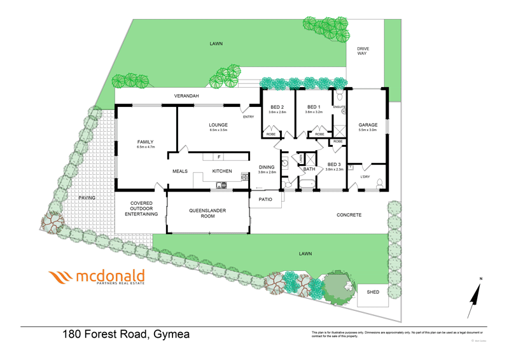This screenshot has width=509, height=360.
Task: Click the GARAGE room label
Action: click(368, 125)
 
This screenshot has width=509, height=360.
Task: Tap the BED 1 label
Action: click(313, 107)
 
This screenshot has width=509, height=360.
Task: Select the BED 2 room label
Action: click(277, 107)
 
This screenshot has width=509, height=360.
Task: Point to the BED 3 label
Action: click(335, 165)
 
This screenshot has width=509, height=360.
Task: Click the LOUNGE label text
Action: click(218, 125)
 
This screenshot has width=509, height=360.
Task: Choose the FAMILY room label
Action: click(146, 142)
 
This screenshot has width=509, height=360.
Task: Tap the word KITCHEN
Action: click(222, 171)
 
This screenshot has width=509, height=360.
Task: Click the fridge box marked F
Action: click(219, 156)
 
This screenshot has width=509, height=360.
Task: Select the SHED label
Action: click(373, 293)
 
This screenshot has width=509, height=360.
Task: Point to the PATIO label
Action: click(265, 200)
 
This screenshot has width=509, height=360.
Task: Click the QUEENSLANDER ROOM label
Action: click(207, 213)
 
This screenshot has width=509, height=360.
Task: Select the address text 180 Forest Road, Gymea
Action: click(125, 335)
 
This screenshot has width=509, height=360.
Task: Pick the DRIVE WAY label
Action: click(363, 51)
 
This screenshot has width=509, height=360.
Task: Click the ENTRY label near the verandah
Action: click(248, 116)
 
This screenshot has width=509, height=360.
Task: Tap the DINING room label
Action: click(267, 167)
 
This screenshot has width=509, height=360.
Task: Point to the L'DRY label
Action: click(365, 176)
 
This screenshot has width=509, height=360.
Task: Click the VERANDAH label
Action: click(186, 96)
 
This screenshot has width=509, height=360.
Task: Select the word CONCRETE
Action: click(349, 215)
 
